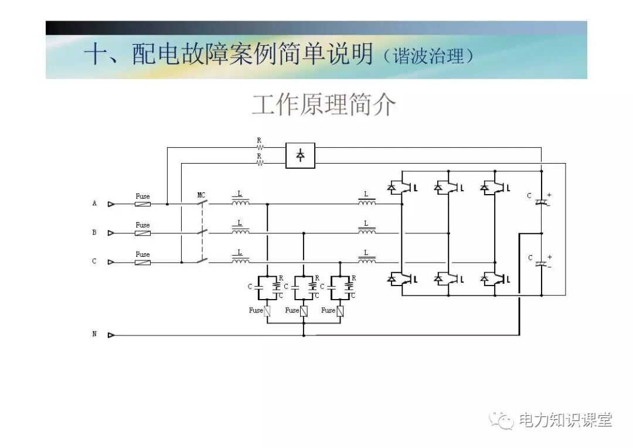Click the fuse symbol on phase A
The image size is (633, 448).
click(142, 204)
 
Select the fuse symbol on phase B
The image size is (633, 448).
click(142, 233)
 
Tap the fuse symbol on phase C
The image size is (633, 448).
click(142, 262)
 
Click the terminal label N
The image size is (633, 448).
click(94, 334)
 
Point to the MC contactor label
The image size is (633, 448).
click(201, 195)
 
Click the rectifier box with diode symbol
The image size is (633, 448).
click(300, 155)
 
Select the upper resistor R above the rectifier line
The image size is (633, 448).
click(259, 147)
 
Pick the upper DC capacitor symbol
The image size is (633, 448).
click(541, 201)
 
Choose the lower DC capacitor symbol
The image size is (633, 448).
click(541, 263)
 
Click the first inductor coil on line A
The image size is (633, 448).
click(240, 203)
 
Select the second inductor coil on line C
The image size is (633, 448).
click(367, 261)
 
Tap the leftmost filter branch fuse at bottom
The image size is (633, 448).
click(267, 311)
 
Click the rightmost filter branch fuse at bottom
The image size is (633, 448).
click(340, 311)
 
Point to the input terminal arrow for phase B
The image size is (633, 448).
click(111, 233)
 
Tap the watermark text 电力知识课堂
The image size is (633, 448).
click(565, 420)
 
